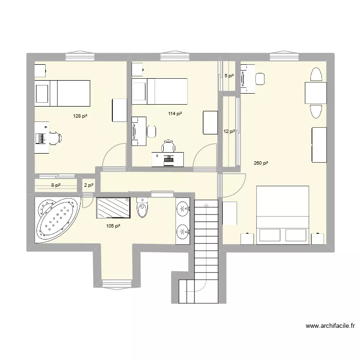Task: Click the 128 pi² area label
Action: click(80, 116)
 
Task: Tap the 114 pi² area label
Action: click(175, 114)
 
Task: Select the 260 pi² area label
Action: click(261, 163)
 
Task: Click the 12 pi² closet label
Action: click(229, 132)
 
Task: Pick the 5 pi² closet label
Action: click(229, 76)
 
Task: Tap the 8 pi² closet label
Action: click(56, 185)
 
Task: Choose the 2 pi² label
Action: click(89, 185)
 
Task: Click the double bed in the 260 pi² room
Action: click(283, 214)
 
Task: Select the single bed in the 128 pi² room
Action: click(62, 93)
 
